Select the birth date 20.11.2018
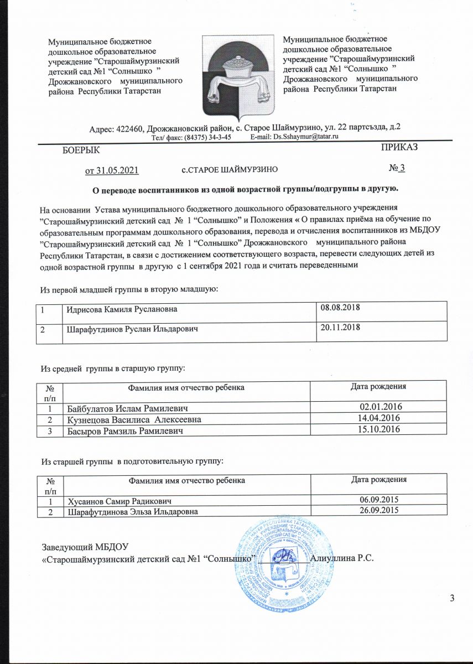(341, 328)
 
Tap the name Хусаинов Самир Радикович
(123, 502)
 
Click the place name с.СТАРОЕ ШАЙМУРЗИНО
(229, 169)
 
